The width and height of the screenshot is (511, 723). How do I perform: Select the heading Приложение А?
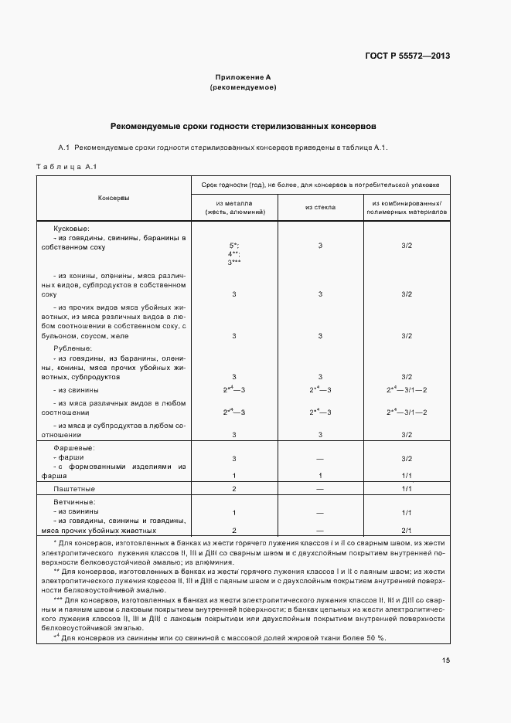tap(243, 77)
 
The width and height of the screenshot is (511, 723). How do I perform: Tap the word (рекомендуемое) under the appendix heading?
tap(243, 88)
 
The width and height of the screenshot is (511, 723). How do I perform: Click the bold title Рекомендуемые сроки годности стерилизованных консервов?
tap(243, 125)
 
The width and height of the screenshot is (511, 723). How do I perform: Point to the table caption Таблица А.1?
tap(66, 167)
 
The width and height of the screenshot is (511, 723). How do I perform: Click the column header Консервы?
tap(114, 199)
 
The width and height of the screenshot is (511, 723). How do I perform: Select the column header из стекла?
tap(320, 207)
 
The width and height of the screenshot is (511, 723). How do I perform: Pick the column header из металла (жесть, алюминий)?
tap(233, 207)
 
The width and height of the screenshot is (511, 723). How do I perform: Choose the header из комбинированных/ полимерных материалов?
tap(407, 207)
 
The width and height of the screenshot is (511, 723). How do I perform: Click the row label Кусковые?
tap(72, 229)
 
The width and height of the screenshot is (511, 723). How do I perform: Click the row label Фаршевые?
tap(73, 448)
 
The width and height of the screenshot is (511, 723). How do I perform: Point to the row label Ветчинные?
tap(74, 502)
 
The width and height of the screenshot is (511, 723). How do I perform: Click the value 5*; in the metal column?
tap(233, 245)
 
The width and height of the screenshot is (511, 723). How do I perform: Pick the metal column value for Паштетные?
tap(233, 490)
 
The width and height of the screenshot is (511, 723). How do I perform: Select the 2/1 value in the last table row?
tap(407, 531)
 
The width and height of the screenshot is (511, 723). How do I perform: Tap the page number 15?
tap(446, 660)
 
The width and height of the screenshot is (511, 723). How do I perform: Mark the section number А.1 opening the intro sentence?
tap(65, 147)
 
